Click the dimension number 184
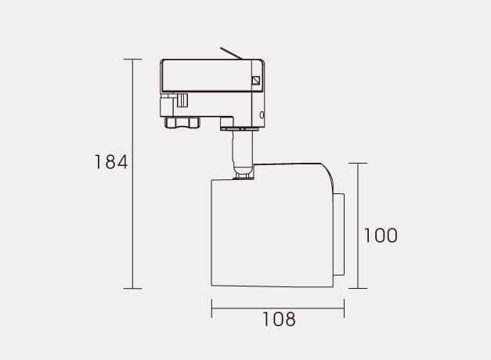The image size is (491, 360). pyautogui.click(x=111, y=162)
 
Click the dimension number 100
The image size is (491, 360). pyautogui.click(x=381, y=236)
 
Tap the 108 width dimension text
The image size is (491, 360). pyautogui.click(x=279, y=319)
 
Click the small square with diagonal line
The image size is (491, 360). pyautogui.click(x=256, y=81)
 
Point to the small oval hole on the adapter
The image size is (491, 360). pyautogui.click(x=262, y=115)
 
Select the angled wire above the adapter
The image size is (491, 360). pyautogui.click(x=231, y=53)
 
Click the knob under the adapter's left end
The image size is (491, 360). pyautogui.click(x=182, y=122)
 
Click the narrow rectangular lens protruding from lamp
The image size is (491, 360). pyautogui.click(x=339, y=235)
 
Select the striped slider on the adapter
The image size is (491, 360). pyautogui.click(x=182, y=100)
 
